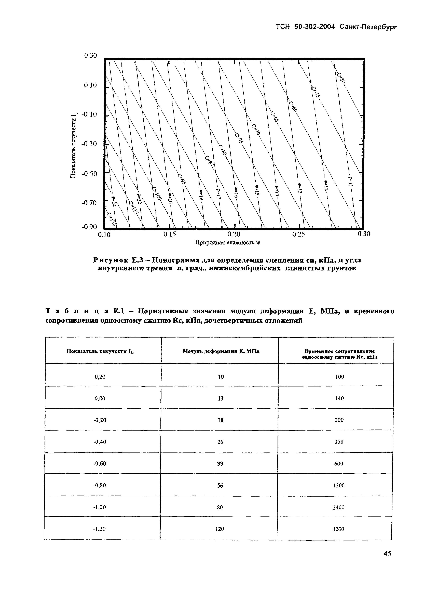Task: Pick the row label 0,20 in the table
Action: tap(100, 377)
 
